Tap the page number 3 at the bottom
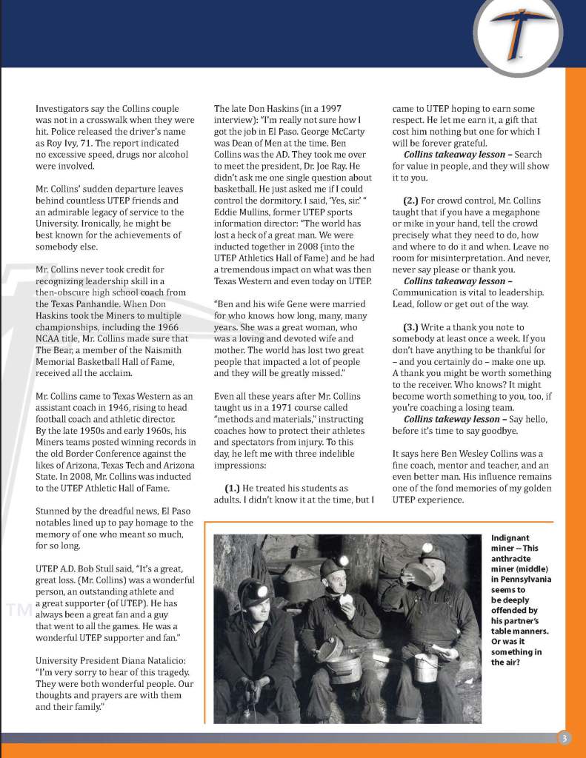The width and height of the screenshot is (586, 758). (x=564, y=737)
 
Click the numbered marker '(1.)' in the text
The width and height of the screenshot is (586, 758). (x=235, y=488)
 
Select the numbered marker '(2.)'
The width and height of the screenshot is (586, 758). (x=413, y=201)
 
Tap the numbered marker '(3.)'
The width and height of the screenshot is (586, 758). (x=413, y=327)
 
